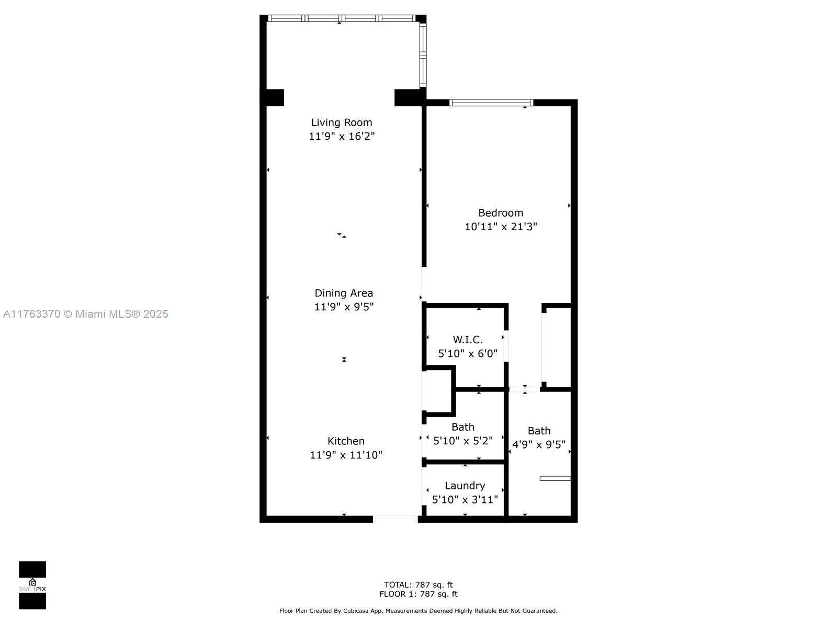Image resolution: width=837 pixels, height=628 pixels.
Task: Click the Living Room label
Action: (342, 122)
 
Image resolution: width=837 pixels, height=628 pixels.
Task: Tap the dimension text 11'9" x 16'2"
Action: (342, 137)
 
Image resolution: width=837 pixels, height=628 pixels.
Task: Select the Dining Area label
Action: (344, 293)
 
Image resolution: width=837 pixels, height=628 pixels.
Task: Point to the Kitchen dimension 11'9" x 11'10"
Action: (346, 455)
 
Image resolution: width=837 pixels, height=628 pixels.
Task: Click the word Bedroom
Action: (501, 213)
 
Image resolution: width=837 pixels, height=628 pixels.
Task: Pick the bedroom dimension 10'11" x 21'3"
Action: (501, 227)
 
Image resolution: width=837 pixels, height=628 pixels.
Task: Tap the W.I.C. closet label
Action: (468, 340)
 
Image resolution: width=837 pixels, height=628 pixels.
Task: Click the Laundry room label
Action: (465, 486)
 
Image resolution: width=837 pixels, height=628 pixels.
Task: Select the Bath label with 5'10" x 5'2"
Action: (463, 427)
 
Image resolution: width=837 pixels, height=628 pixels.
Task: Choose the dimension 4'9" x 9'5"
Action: (538, 445)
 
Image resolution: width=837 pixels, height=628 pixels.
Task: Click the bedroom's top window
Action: (491, 103)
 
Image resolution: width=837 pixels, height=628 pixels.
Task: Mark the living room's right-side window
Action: (423, 54)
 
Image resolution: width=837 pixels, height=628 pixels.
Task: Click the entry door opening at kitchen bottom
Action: (395, 519)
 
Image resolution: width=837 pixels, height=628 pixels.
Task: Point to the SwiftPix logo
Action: (32, 585)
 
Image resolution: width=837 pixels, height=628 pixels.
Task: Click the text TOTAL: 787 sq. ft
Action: (418, 585)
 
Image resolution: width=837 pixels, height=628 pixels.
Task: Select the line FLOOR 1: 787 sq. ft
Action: (418, 594)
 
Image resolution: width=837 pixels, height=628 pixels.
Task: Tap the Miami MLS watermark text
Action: (85, 314)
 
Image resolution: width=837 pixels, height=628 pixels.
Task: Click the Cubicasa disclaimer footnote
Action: (418, 611)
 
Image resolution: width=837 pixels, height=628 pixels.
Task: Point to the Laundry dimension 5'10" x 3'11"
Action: (465, 500)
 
